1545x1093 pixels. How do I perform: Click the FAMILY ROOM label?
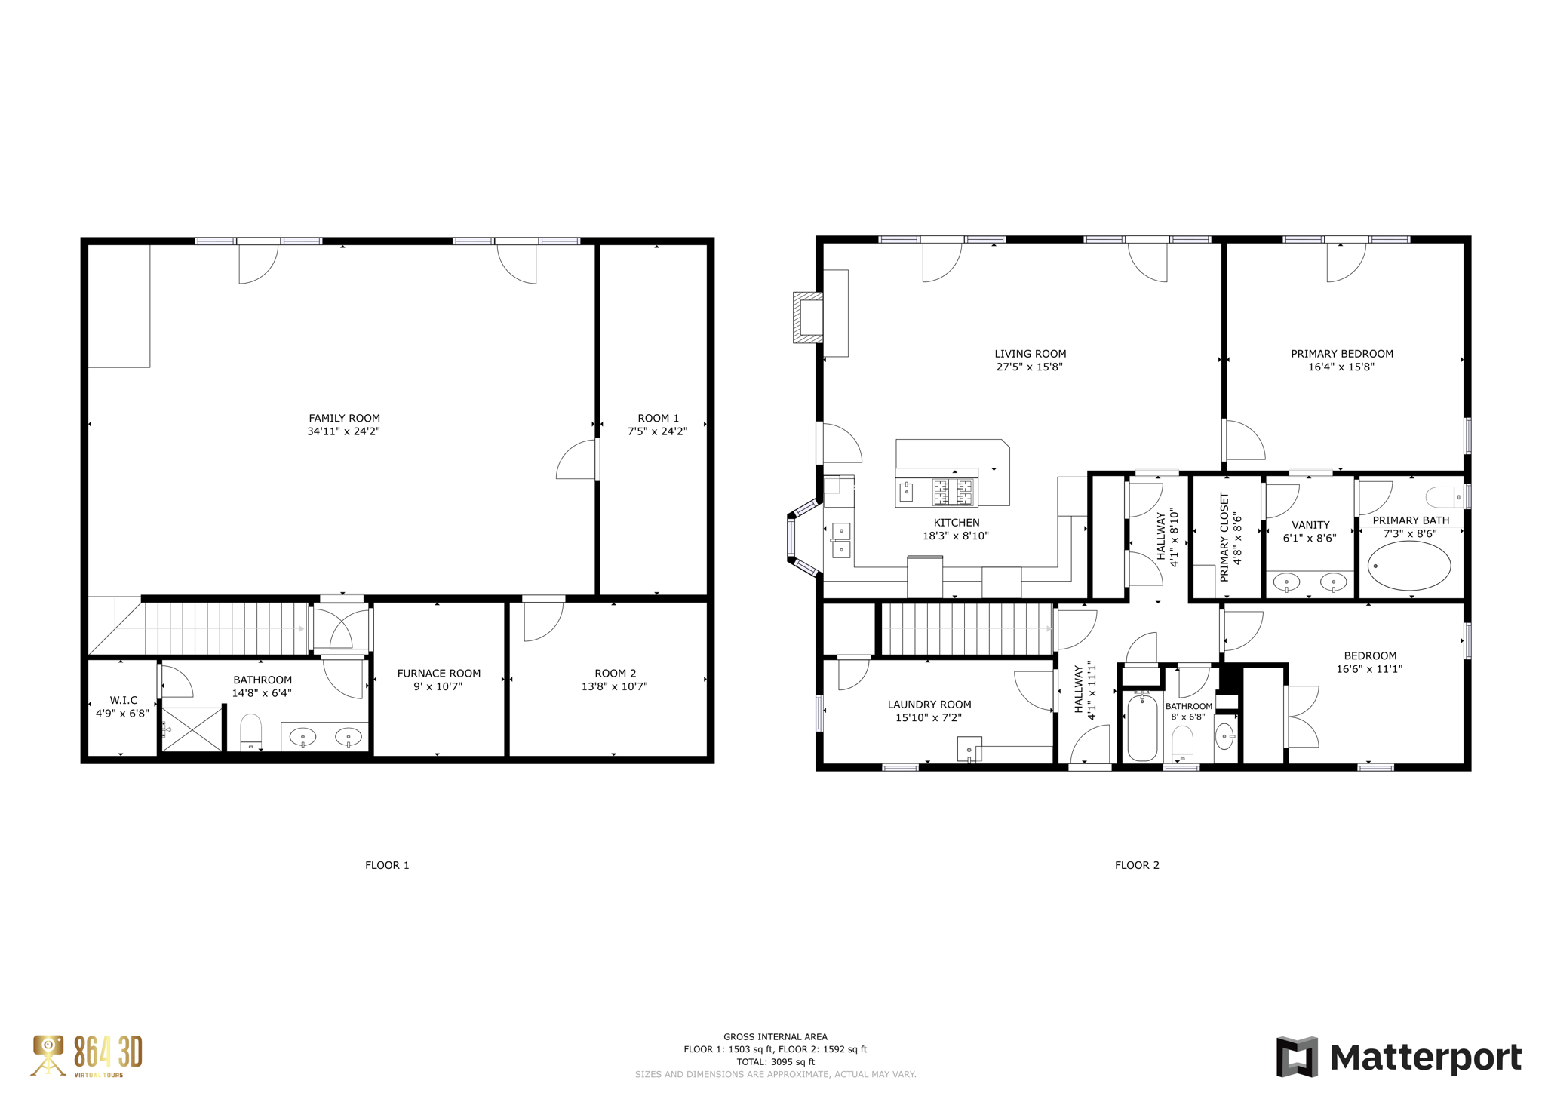click(344, 418)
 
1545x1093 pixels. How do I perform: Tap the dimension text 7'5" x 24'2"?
click(657, 431)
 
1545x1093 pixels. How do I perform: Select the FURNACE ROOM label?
click(438, 673)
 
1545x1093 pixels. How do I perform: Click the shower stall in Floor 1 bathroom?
click(192, 729)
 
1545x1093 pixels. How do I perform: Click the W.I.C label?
click(124, 700)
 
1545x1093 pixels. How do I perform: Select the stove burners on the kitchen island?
click(954, 493)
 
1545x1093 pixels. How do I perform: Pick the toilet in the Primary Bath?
click(1445, 497)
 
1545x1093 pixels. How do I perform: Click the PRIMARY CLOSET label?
click(1224, 537)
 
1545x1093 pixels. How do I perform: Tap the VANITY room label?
click(1310, 525)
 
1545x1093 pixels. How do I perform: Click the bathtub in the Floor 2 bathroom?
click(1142, 728)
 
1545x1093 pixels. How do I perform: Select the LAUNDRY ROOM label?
click(929, 705)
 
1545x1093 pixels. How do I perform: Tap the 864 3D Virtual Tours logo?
click(87, 1055)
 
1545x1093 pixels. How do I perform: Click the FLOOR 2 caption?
click(1137, 865)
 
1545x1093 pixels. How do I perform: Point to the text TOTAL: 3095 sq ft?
click(775, 1061)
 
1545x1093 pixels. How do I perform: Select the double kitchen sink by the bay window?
click(841, 540)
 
